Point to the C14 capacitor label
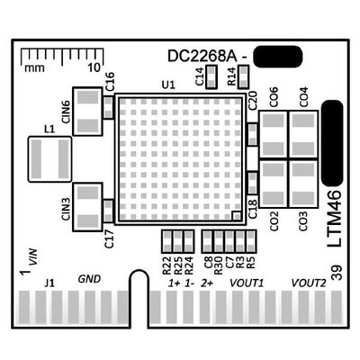coord(200,78)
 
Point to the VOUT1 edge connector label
coord(246,283)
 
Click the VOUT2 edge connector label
coord(309,283)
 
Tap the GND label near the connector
coord(89,281)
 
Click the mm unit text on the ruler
coord(35,67)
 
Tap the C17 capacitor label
coord(109,238)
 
